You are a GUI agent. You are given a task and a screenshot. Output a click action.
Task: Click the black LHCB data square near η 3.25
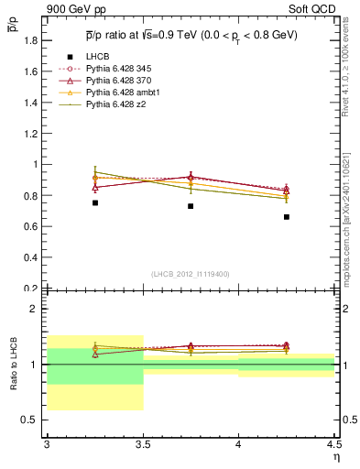pos(94,202)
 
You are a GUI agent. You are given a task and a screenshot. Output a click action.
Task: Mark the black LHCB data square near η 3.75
pos(191,206)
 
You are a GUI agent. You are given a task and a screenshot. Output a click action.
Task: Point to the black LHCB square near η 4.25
pos(287,217)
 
